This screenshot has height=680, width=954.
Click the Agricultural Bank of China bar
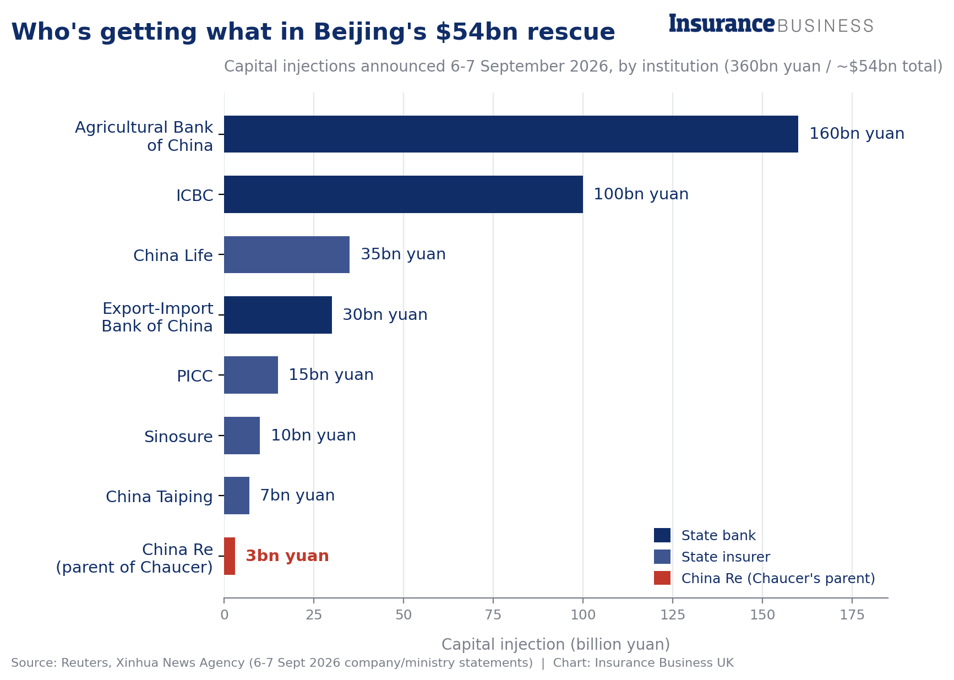[511, 134]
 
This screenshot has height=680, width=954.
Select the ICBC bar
[404, 194]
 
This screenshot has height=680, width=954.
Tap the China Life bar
[287, 254]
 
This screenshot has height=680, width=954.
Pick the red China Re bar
[230, 556]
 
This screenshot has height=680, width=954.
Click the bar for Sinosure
[242, 436]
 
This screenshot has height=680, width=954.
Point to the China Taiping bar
[237, 496]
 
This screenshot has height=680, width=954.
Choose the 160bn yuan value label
[857, 134]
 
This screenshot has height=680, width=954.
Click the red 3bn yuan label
[287, 556]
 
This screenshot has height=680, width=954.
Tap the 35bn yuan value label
[403, 254]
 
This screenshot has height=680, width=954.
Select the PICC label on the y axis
[195, 376]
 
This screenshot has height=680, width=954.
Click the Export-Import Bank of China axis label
[157, 317]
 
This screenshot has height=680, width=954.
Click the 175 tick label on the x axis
[852, 615]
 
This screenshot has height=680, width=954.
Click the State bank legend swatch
[662, 535]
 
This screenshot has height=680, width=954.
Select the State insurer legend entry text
[726, 557]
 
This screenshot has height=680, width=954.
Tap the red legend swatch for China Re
[662, 578]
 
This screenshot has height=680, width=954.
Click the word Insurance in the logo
[722, 24]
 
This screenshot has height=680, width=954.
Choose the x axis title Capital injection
[556, 644]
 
